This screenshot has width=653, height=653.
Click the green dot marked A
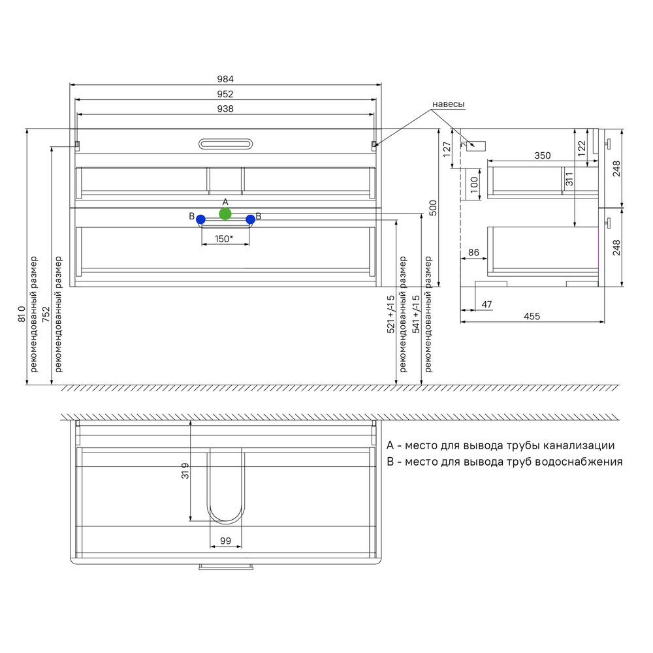point(225,214)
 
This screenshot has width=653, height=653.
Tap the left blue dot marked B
point(200,219)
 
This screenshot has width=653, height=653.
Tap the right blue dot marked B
point(250,219)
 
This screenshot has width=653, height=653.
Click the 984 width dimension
point(225,79)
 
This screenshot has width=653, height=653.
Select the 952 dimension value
point(225,94)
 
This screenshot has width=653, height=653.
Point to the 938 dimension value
point(225,108)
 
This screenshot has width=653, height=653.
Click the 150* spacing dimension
point(224,239)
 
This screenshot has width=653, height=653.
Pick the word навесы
point(449,104)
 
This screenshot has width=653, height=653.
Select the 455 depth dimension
point(532,317)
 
